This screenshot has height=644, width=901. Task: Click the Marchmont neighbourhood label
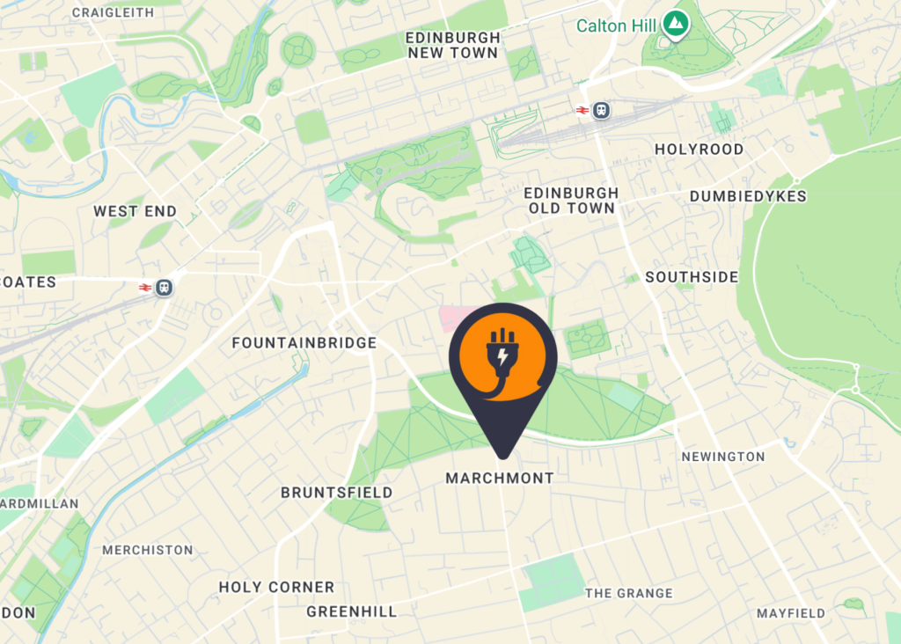pyautogui.click(x=500, y=479)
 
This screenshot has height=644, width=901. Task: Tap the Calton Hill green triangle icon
pyautogui.click(x=675, y=25)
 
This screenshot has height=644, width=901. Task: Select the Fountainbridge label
pyautogui.click(x=304, y=343)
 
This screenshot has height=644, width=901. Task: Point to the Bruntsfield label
pyautogui.click(x=337, y=493)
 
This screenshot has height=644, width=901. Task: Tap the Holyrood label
pyautogui.click(x=699, y=150)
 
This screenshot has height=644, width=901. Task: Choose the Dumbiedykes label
pyautogui.click(x=748, y=196)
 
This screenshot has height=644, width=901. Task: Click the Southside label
pyautogui.click(x=692, y=277)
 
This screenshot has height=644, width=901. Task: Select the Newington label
pyautogui.click(x=723, y=457)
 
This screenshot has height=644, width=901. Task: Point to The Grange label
pyautogui.click(x=629, y=594)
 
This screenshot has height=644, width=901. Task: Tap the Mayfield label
pyautogui.click(x=791, y=613)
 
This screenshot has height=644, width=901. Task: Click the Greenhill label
pyautogui.click(x=352, y=611)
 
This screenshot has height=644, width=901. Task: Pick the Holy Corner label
pyautogui.click(x=276, y=587)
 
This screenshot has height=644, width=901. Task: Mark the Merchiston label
pyautogui.click(x=148, y=550)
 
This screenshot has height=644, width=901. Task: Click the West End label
pyautogui.click(x=135, y=211)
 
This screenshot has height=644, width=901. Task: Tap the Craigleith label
pyautogui.click(x=113, y=12)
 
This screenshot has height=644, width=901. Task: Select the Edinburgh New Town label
pyautogui.click(x=452, y=45)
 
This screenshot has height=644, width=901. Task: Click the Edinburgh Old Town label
pyautogui.click(x=572, y=201)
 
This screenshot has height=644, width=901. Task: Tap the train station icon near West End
pyautogui.click(x=164, y=288)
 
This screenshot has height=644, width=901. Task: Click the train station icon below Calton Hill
pyautogui.click(x=602, y=110)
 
